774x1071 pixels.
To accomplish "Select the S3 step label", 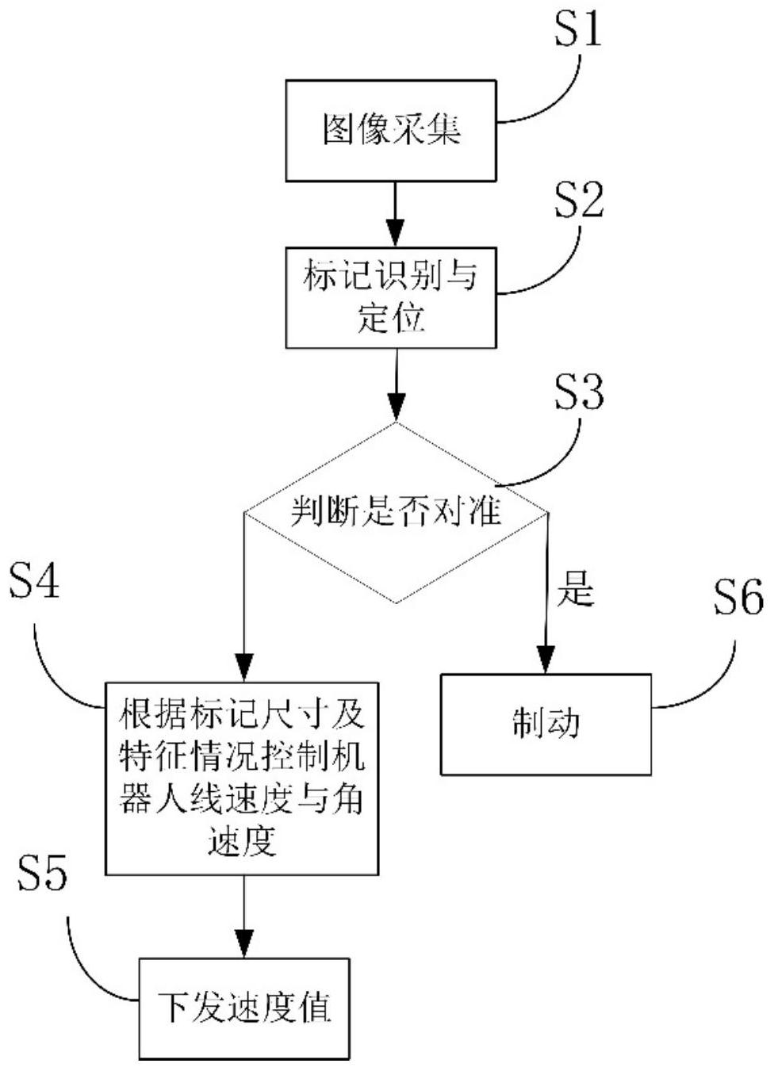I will (578, 392).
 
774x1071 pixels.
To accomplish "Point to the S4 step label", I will (34, 583).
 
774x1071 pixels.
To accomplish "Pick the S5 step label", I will (42, 873).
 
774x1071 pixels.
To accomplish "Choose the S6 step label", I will (738, 598).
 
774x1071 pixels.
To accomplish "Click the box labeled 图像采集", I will (391, 131).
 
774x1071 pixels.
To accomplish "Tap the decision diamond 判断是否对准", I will (395, 512).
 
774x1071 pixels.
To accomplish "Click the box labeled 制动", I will (546, 724).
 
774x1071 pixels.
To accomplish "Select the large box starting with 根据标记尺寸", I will (242, 778).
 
